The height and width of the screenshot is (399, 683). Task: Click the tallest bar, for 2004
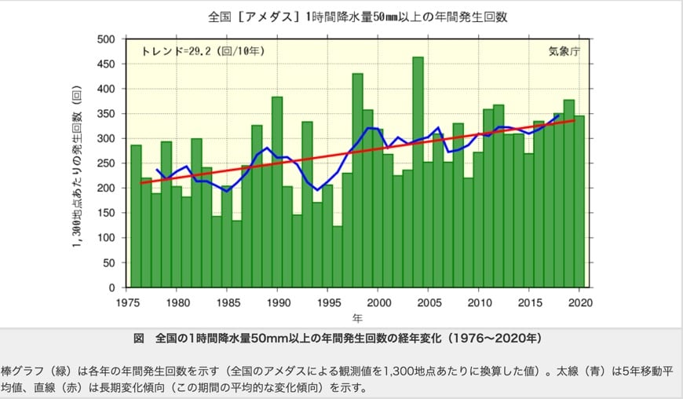click(x=418, y=173)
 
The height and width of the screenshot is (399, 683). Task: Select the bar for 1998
click(x=358, y=181)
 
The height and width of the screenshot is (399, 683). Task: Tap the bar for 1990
click(x=277, y=192)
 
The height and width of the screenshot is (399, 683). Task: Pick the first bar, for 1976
click(x=136, y=216)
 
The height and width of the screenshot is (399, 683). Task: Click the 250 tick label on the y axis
click(x=105, y=163)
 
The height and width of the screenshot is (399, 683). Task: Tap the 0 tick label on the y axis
click(x=111, y=288)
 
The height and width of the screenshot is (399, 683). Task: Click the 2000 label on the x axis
click(x=378, y=302)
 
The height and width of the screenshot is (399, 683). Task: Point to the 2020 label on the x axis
click(x=580, y=302)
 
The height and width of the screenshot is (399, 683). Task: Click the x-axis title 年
click(x=357, y=318)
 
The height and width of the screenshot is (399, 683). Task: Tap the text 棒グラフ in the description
click(x=22, y=368)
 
